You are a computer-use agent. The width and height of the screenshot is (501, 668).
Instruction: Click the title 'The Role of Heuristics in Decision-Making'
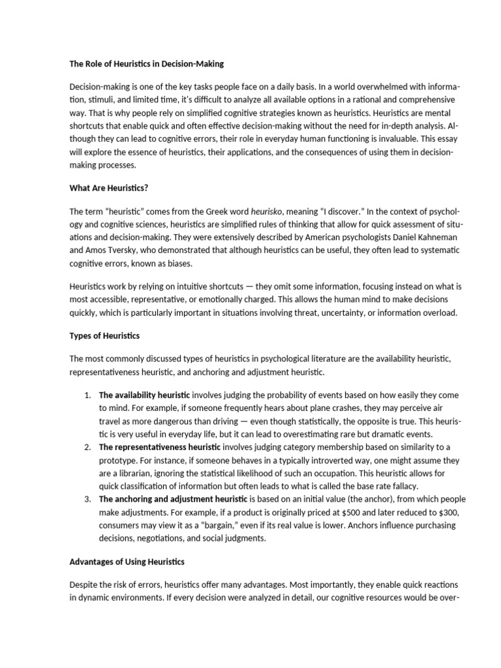(147, 64)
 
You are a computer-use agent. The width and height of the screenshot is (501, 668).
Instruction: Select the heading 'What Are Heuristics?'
(109, 188)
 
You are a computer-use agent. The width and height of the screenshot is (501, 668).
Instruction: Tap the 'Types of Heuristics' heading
(104, 335)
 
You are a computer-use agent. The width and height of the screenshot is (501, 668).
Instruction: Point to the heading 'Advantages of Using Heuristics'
(127, 562)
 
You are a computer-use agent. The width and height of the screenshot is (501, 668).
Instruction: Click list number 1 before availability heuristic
(88, 395)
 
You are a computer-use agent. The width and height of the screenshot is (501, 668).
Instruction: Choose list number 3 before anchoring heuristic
(88, 499)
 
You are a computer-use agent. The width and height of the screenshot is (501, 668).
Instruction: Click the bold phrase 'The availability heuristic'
(144, 395)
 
